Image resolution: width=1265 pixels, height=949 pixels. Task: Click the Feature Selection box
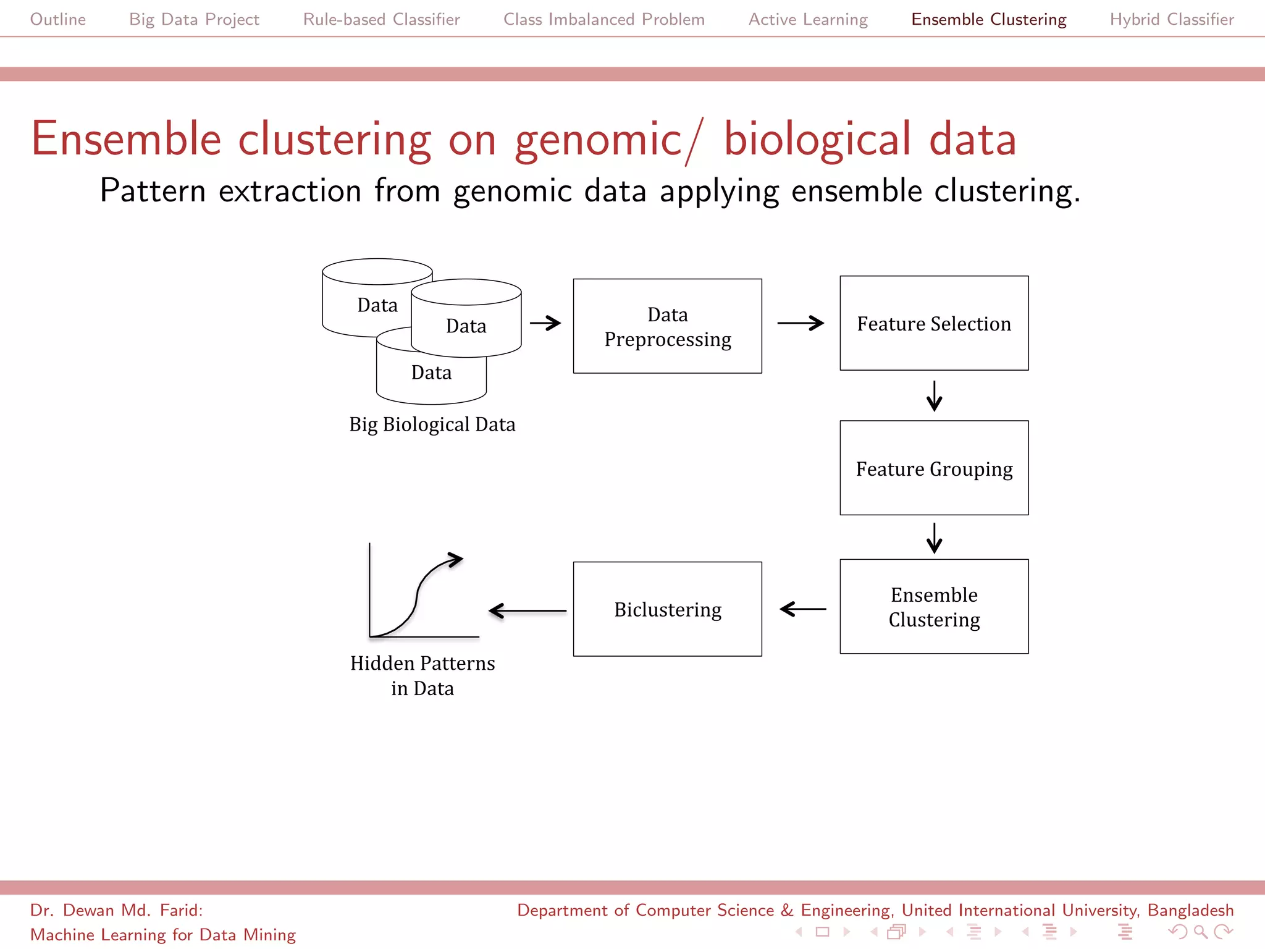(934, 323)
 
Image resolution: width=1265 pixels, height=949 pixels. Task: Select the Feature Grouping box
(934, 468)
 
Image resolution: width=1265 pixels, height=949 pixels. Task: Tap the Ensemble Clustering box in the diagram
(934, 607)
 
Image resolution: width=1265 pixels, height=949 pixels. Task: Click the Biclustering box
(667, 609)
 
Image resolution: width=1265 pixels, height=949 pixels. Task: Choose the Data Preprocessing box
(667, 326)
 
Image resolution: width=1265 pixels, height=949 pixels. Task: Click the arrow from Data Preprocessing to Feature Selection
(801, 323)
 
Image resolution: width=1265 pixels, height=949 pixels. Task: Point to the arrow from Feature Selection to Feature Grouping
(934, 396)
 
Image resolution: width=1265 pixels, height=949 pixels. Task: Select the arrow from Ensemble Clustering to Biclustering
(802, 609)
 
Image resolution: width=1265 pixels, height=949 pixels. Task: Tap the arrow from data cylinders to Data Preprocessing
(545, 323)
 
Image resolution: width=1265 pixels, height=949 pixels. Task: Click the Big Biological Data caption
(432, 424)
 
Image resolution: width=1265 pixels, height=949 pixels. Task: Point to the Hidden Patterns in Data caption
(422, 675)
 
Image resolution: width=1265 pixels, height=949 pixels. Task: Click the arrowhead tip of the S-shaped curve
(461, 559)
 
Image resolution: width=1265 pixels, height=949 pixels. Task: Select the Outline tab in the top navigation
(58, 19)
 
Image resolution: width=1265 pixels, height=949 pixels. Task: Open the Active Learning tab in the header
(808, 19)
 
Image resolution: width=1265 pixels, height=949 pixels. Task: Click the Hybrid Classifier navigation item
(1171, 19)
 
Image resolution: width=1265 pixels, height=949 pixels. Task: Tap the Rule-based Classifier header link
(381, 19)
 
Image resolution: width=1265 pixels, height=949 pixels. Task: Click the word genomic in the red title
(598, 140)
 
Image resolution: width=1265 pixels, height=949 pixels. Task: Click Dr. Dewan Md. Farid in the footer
(116, 910)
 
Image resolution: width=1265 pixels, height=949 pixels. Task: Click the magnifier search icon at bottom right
(1200, 932)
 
